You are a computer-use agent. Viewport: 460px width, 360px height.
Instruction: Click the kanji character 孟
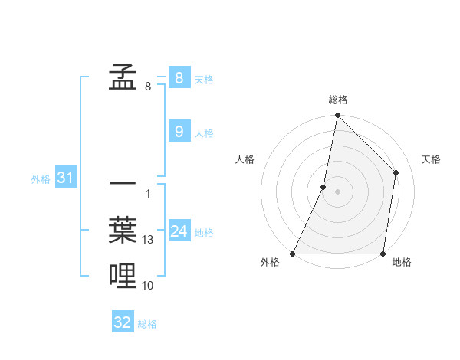pyautogui.click(x=123, y=77)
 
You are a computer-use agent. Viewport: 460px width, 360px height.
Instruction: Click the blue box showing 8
pyautogui.click(x=179, y=77)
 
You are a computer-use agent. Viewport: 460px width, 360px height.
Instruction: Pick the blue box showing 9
pyautogui.click(x=179, y=132)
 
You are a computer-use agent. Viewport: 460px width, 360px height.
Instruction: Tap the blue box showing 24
pyautogui.click(x=179, y=231)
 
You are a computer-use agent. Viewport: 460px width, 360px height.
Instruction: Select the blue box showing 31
pyautogui.click(x=65, y=178)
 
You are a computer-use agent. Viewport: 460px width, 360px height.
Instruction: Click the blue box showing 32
pyautogui.click(x=123, y=322)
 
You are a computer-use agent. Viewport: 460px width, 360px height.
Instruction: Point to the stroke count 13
pyautogui.click(x=148, y=240)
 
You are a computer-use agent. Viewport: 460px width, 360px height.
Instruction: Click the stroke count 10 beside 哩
pyautogui.click(x=148, y=285)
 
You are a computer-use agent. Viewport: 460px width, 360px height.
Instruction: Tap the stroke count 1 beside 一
pyautogui.click(x=147, y=193)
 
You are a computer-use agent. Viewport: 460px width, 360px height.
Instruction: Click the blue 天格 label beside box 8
pyautogui.click(x=204, y=79)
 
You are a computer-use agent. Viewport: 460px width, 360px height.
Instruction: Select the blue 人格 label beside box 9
pyautogui.click(x=204, y=133)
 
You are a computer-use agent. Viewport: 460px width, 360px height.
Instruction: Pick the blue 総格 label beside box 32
pyautogui.click(x=147, y=324)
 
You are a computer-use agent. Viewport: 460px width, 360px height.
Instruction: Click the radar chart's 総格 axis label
pyautogui.click(x=337, y=100)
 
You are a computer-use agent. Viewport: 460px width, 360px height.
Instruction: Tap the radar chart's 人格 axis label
pyautogui.click(x=245, y=159)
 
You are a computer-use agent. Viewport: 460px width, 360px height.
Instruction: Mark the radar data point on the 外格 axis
pyautogui.click(x=294, y=254)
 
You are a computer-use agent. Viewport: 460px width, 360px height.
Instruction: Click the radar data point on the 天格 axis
pyautogui.click(x=396, y=172)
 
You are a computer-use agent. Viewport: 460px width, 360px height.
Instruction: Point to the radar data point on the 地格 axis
pyautogui.click(x=383, y=254)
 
